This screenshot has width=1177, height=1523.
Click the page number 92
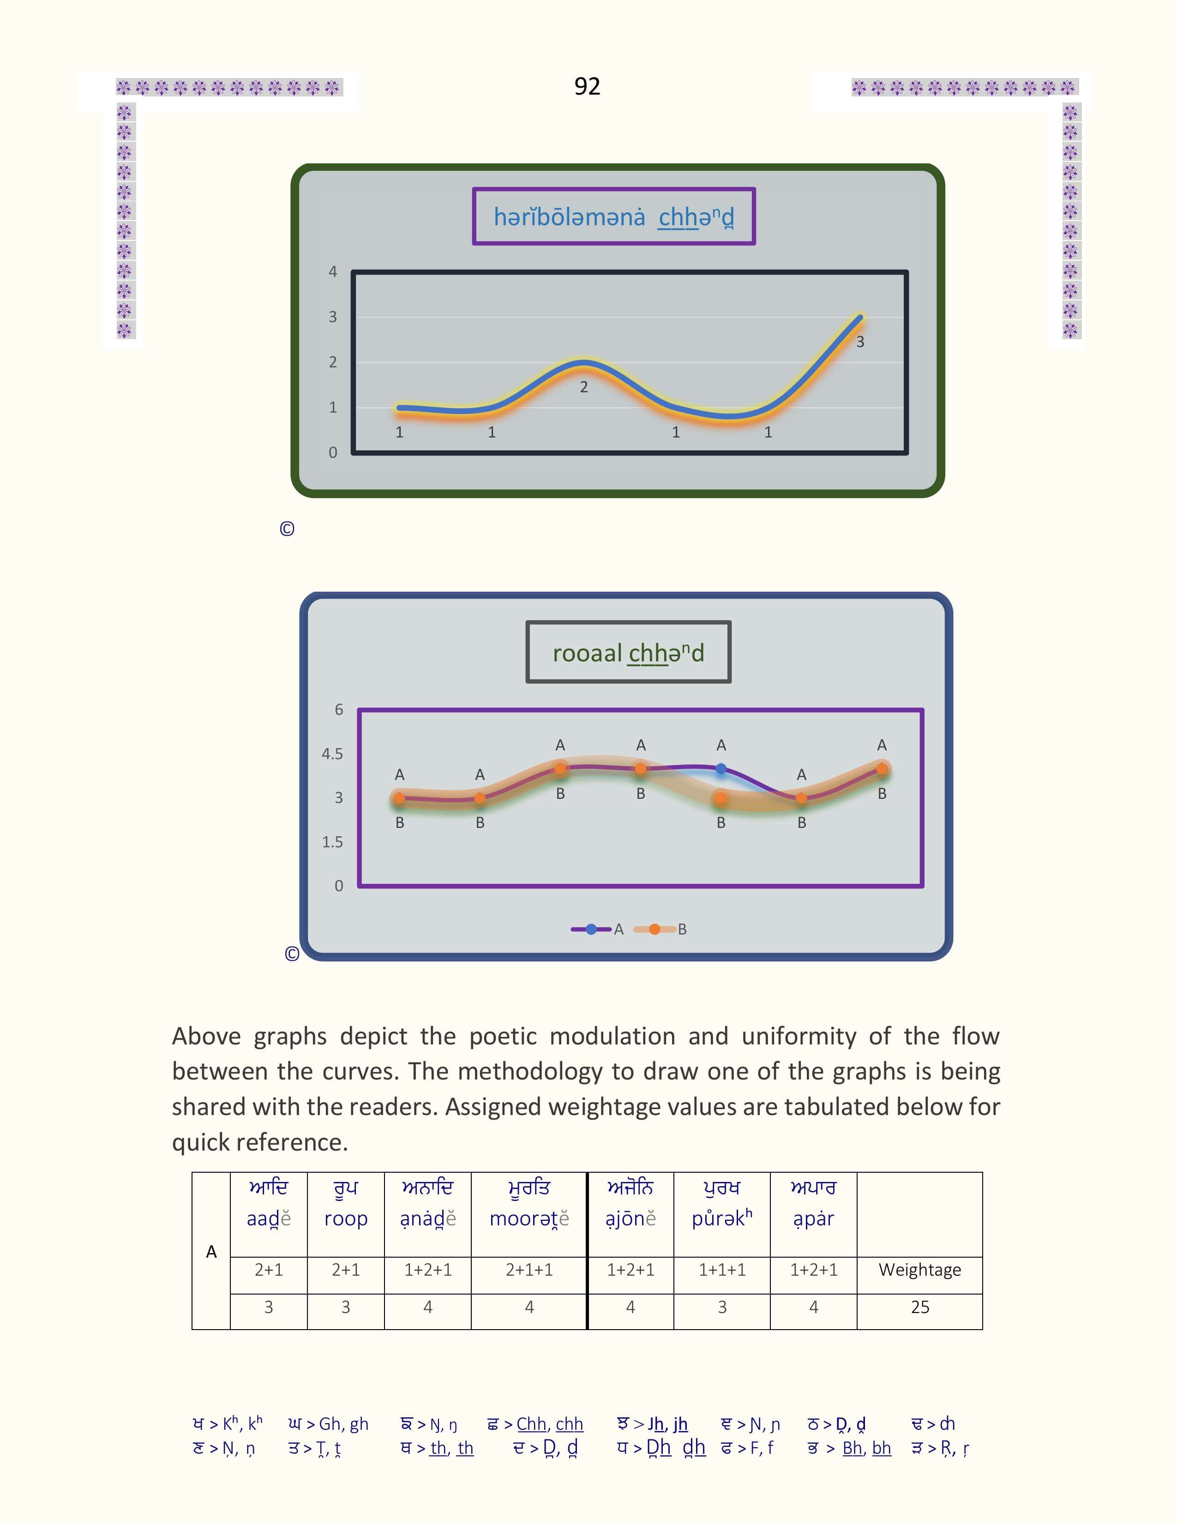pos(587,86)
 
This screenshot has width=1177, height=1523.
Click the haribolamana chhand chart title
pos(613,217)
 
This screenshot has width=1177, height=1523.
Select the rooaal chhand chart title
pos(628,653)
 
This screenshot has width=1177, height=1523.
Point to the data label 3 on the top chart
pos(860,342)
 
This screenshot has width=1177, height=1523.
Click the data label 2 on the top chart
pos(583,387)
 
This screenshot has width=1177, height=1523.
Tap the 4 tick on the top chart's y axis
pos(333,271)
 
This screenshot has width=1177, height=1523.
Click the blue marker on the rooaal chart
pos(721,768)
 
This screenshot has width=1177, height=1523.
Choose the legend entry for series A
pos(598,929)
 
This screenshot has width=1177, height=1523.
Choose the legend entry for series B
pos(661,929)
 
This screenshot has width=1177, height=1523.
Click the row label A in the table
pos(211,1252)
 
